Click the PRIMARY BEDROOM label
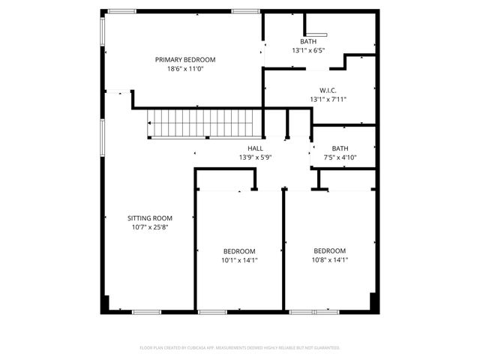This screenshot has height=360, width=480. (x=185, y=60)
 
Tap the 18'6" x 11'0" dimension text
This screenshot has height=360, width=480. (x=185, y=69)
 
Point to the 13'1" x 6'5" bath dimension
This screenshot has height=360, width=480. (x=309, y=50)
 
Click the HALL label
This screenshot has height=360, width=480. (x=255, y=148)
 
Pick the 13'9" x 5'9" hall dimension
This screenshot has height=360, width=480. (x=255, y=157)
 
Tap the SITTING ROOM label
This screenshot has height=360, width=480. (x=148, y=217)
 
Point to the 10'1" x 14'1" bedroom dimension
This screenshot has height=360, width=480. (x=239, y=260)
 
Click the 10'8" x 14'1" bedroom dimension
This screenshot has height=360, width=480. (x=329, y=259)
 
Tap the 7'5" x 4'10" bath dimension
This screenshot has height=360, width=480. (x=340, y=157)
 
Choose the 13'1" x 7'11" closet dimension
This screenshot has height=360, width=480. (x=328, y=99)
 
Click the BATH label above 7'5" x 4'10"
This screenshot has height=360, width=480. (x=340, y=148)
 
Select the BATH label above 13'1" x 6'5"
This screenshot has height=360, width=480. (x=309, y=41)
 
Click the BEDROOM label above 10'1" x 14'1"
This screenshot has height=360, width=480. (x=239, y=251)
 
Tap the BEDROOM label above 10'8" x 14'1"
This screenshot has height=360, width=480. (x=329, y=250)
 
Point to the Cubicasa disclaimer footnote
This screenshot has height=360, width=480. (x=240, y=348)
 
